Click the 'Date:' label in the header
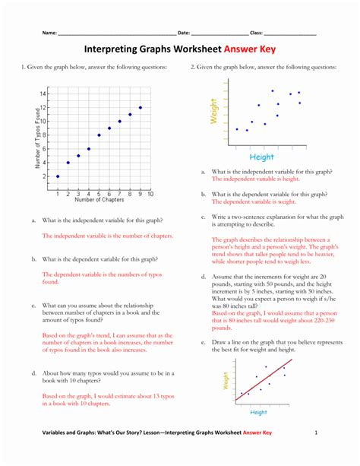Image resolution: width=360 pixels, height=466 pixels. [x=183, y=33]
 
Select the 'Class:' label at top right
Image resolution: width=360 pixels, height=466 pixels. [x=256, y=33]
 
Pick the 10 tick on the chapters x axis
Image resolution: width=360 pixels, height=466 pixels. [x=151, y=195]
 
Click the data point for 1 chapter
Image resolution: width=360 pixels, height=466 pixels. [x=58, y=176]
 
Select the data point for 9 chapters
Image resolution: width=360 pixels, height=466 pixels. [x=141, y=107]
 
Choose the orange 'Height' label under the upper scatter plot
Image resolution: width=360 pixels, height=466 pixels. [x=261, y=157]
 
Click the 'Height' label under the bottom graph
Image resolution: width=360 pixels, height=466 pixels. [x=258, y=412]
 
